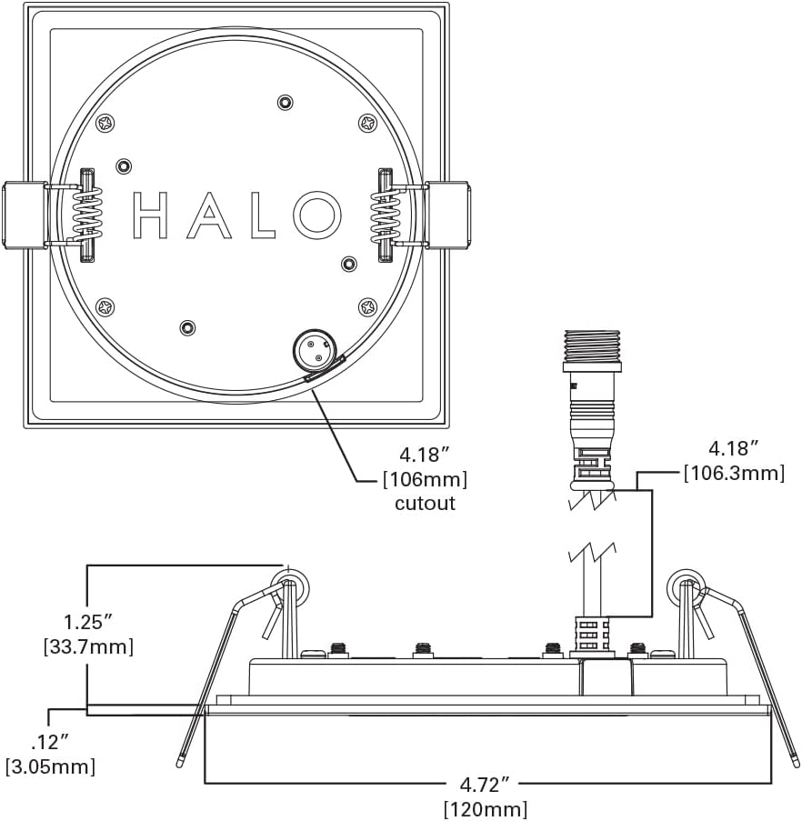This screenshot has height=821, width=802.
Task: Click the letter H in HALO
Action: tap(151, 215)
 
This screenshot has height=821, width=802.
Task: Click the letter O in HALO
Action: tap(316, 215)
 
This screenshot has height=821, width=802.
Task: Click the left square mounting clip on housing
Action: tap(25, 215)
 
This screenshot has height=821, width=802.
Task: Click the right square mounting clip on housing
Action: tap(448, 215)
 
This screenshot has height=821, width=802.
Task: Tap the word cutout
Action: tap(425, 503)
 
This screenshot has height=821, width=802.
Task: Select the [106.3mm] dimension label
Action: tap(734, 473)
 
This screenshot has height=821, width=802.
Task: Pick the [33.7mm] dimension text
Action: tap(88, 647)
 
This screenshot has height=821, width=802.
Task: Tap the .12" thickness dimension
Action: tap(47, 741)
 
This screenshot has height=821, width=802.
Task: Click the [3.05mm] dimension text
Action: tap(50, 766)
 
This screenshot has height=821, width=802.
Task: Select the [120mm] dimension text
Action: tap(485, 807)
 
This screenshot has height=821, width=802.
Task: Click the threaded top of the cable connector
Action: tap(591, 346)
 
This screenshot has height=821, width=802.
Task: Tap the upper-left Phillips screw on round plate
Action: tap(105, 122)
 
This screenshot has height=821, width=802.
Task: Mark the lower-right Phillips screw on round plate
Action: tap(367, 307)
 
